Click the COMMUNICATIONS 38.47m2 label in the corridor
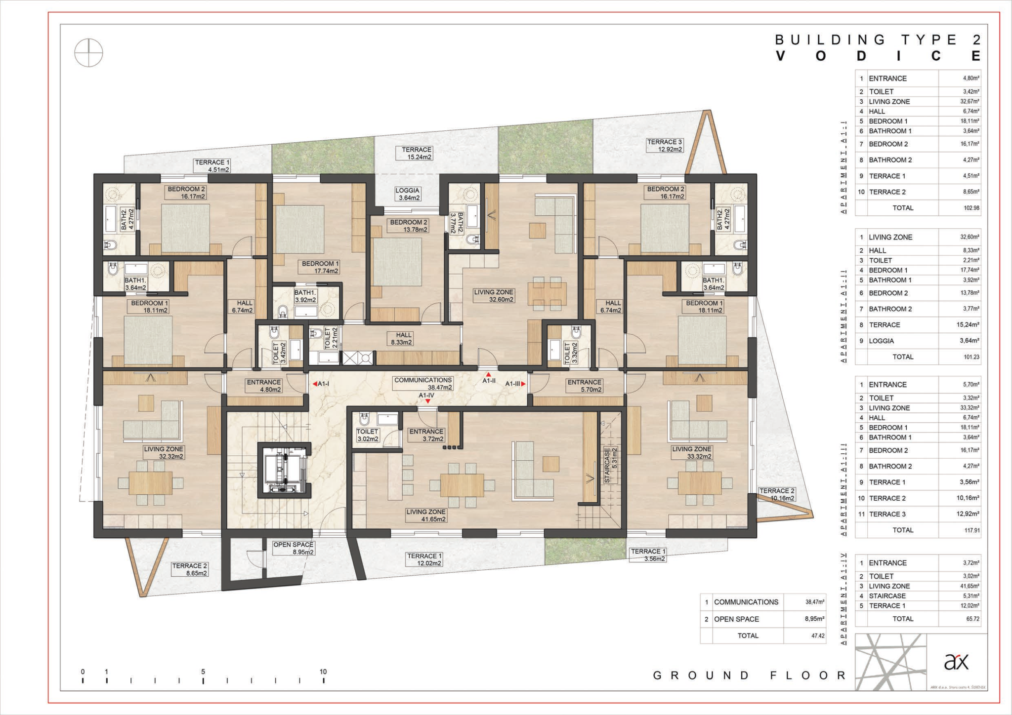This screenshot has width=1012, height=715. click(423, 384)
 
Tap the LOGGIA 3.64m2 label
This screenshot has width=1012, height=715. click(408, 194)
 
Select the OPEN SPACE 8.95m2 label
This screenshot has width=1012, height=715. click(294, 548)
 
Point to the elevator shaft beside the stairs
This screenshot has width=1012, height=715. click(284, 470)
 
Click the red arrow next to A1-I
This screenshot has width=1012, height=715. click(315, 384)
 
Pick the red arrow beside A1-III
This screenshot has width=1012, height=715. click(523, 384)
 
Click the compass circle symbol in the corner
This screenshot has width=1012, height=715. click(88, 53)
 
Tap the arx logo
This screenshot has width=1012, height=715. click(956, 661)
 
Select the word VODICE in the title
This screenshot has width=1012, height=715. click(878, 56)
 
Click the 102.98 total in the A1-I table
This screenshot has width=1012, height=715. click(971, 208)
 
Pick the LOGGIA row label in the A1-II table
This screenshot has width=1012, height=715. click(882, 341)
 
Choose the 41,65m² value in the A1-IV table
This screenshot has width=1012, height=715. click(970, 586)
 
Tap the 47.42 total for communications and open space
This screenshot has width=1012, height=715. click(818, 636)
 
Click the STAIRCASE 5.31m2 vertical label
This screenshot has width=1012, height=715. click(611, 465)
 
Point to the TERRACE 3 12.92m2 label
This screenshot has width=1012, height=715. click(665, 145)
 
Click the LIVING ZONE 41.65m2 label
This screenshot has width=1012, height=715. click(426, 516)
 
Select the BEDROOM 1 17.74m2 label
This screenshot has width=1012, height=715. click(320, 267)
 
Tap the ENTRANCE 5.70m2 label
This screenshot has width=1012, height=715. click(585, 386)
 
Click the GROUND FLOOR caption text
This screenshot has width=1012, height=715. click(749, 675)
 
